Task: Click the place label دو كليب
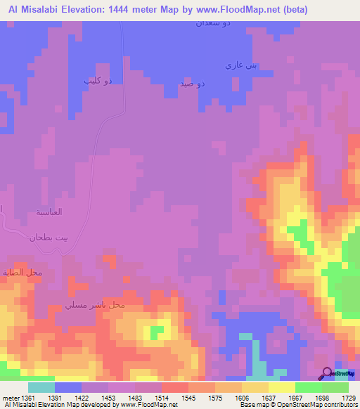click(x=98, y=82)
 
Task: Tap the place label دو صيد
click(x=192, y=84)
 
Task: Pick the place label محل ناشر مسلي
click(x=94, y=306)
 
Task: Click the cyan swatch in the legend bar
click(x=41, y=387)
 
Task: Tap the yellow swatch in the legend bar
click(x=281, y=387)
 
